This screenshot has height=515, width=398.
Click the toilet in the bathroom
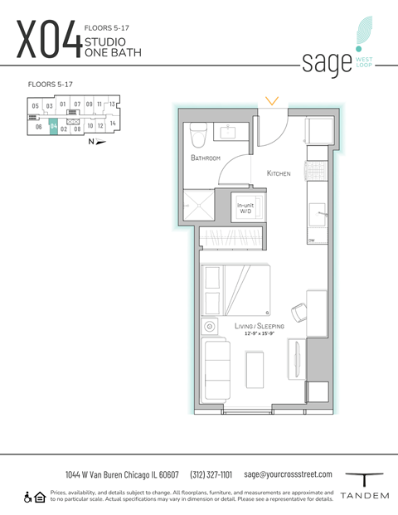pos(198,134)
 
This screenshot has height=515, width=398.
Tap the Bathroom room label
pos(205,158)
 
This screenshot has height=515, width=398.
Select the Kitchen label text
pos(279,173)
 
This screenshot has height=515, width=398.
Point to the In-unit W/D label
pos(246,208)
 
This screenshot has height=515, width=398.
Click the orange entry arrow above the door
pos(271,101)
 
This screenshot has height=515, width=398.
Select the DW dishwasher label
pos(313,240)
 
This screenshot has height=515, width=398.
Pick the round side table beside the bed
pos(210,327)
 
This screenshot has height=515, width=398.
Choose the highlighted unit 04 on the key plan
pos(52,127)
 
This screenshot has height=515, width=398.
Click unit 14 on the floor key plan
pos(113,123)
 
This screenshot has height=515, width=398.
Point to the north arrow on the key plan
pos(97,142)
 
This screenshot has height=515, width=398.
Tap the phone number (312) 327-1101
pos(211,474)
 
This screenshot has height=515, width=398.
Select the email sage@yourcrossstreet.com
pos(288,474)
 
